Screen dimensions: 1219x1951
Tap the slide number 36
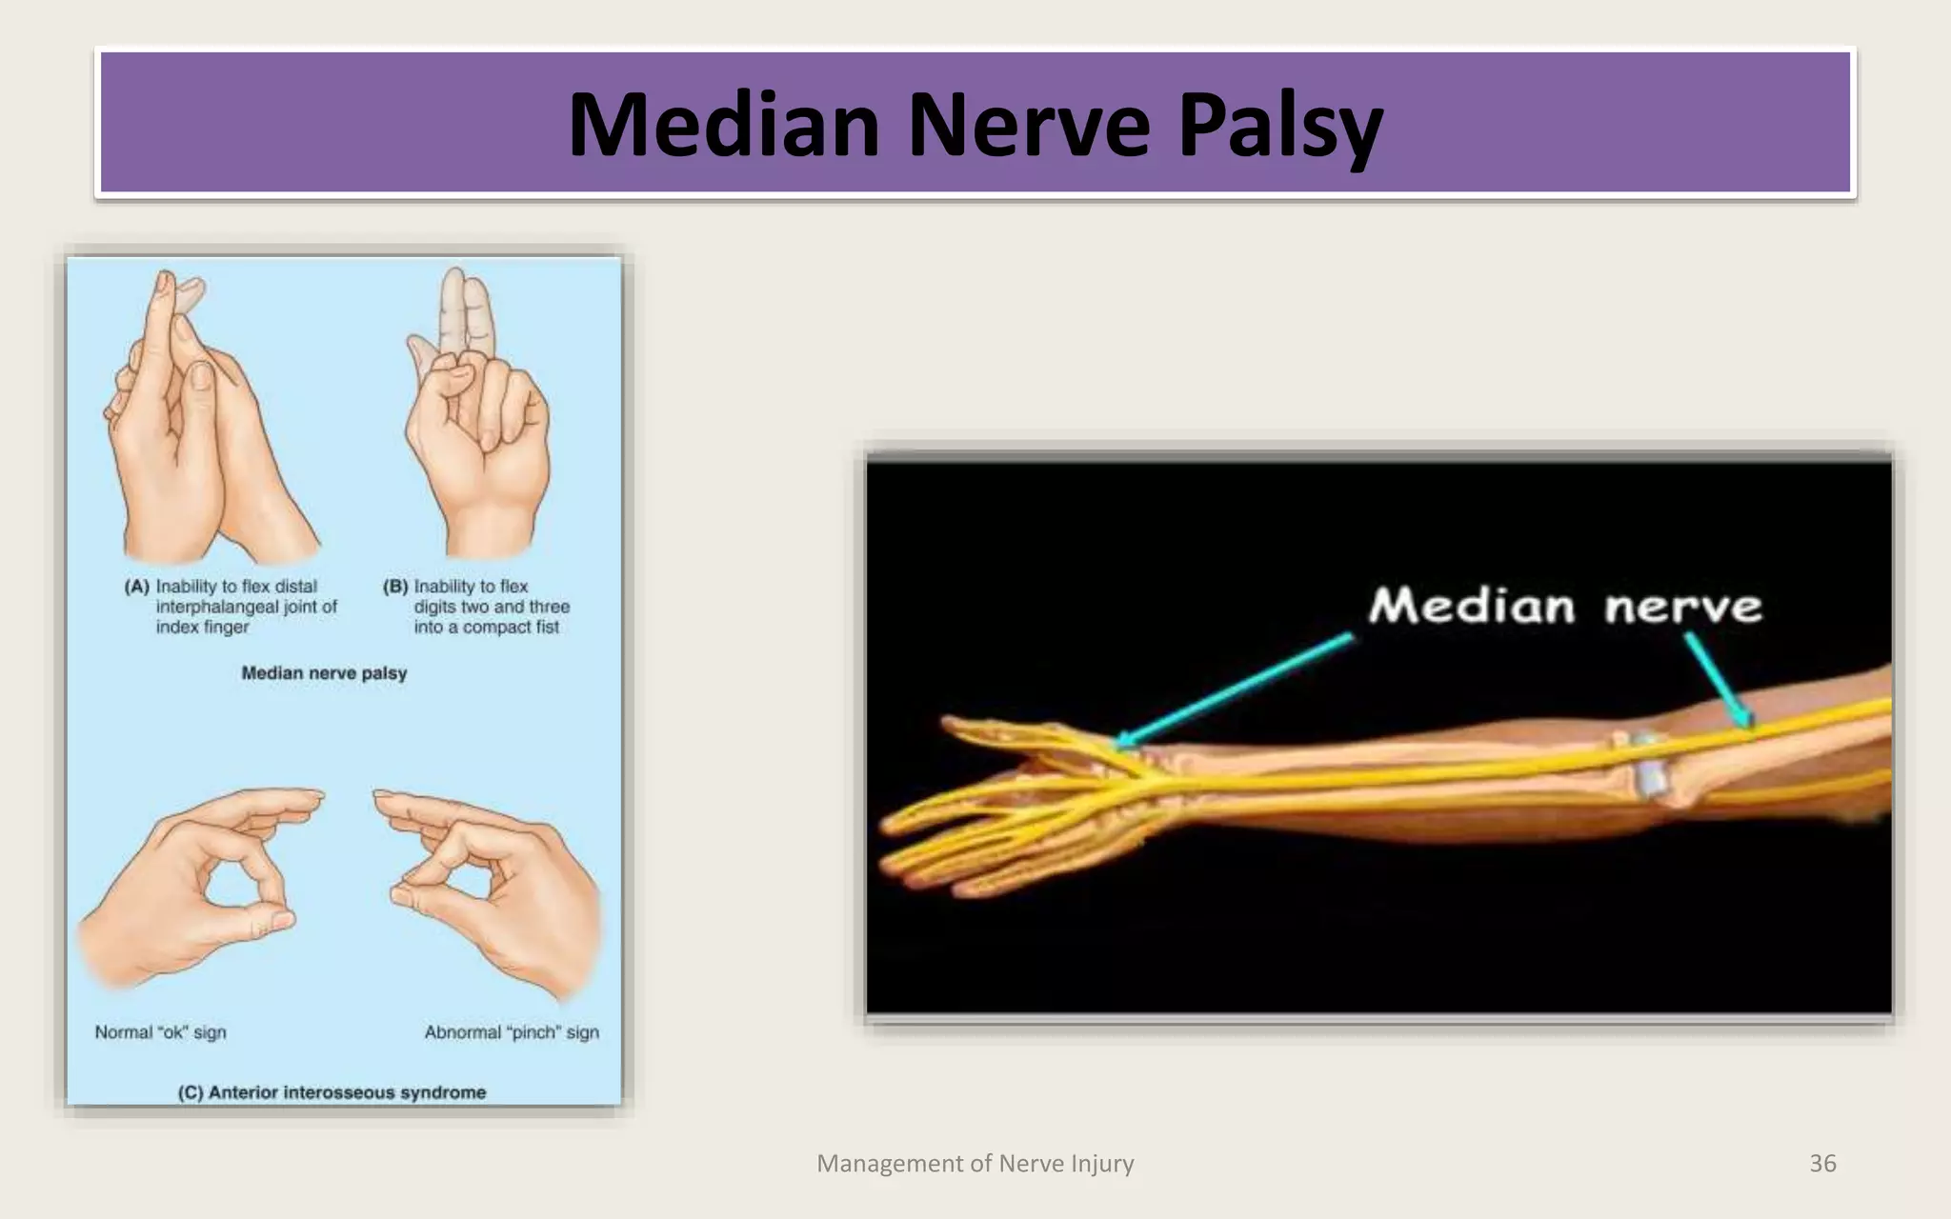1821,1163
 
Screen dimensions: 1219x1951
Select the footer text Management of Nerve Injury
975,1163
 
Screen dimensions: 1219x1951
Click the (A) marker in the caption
137,587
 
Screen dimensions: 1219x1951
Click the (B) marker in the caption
395,587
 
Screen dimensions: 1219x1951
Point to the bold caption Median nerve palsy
324,673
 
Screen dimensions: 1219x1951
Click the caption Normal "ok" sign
160,1032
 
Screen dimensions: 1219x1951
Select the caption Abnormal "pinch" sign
512,1032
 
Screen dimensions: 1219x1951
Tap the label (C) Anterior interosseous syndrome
332,1092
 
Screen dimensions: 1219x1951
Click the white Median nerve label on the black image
1564,606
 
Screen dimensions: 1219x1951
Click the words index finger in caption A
202,628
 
